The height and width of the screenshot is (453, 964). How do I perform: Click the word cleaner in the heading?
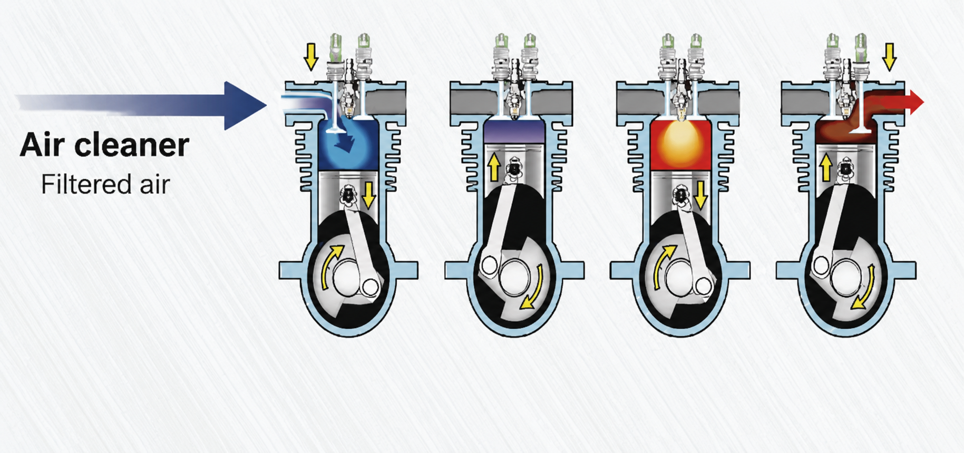click(132, 144)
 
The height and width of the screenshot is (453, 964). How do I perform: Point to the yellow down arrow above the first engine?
click(311, 57)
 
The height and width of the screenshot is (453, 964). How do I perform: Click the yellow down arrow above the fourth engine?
click(889, 57)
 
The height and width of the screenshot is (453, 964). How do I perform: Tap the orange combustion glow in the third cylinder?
click(680, 142)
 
